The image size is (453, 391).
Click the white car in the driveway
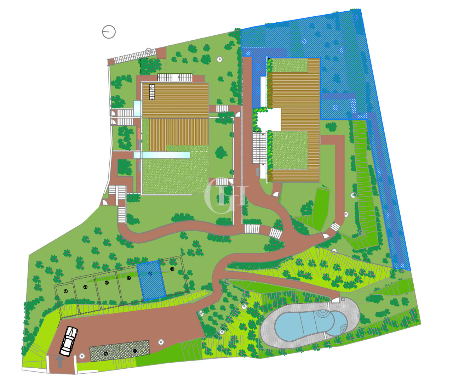pos(69,341)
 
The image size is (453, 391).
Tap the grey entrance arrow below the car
pos(60,362)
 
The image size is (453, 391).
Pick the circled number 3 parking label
pos(107,283)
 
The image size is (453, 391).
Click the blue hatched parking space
pos(151,280)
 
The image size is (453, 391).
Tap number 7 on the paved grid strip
pos(105,353)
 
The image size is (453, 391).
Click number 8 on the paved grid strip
pos(135,351)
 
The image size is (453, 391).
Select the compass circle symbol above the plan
pos(109,32)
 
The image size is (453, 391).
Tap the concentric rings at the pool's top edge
pos(322,313)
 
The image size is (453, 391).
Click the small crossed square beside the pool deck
pos(343,299)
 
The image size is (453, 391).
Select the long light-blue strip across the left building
pos(162,155)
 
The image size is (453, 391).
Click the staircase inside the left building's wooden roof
pos(152,92)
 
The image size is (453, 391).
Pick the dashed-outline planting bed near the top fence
pos(153,66)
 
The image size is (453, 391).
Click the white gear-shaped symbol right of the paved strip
pos(161,342)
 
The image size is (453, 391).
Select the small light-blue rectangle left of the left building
pos(137,109)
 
